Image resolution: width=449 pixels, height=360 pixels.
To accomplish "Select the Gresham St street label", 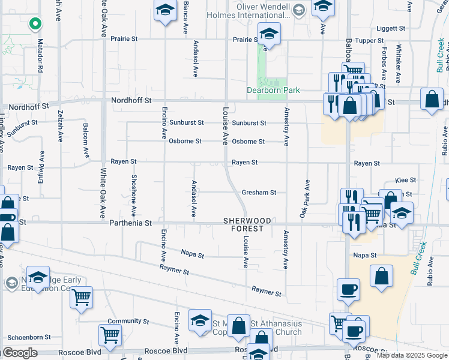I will (259, 193).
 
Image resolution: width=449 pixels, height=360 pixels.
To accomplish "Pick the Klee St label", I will (406, 180).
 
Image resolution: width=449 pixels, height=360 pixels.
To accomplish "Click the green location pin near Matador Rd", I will (35, 24).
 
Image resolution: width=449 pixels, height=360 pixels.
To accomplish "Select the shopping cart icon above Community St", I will (81, 296).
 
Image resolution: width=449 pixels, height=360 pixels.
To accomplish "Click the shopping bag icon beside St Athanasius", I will (239, 326).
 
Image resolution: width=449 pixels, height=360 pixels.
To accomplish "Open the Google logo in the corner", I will (19, 353).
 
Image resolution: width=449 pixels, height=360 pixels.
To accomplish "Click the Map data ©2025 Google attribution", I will (412, 355).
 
